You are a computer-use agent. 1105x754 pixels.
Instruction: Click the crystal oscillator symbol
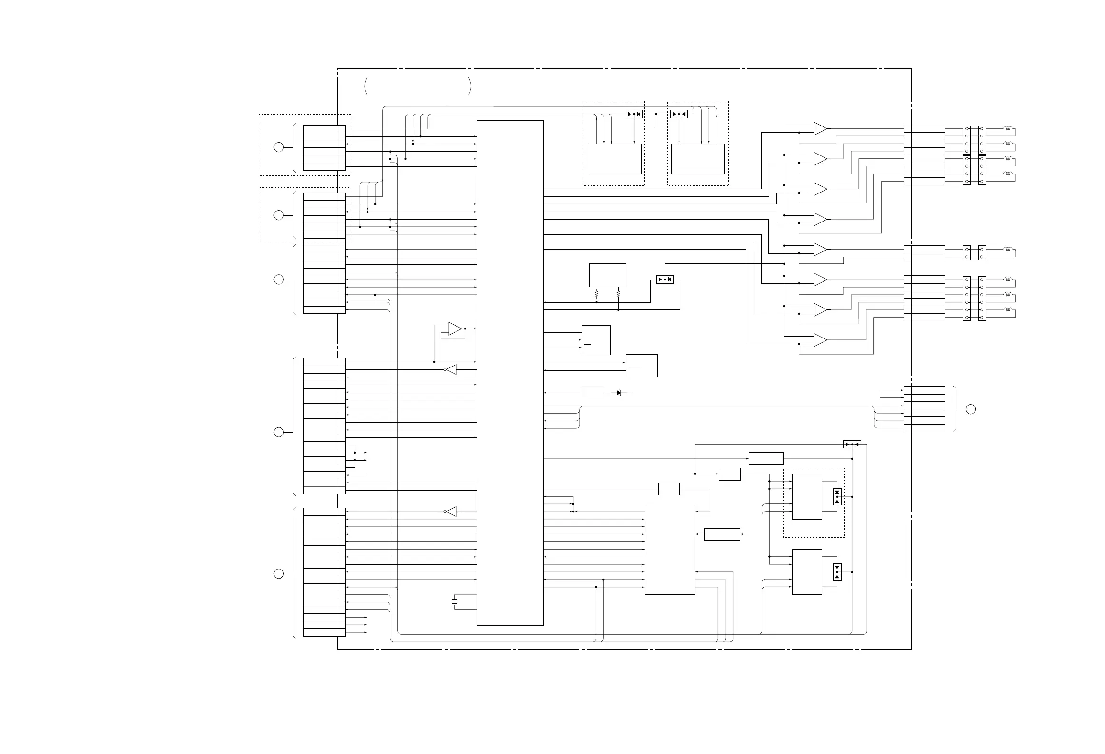[x=455, y=602]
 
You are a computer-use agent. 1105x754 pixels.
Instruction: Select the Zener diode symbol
[x=619, y=393]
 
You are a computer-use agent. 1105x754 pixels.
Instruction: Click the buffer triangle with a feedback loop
[x=455, y=329]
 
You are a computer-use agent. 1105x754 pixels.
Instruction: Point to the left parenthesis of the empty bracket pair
[x=366, y=86]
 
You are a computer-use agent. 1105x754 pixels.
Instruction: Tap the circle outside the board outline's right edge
[x=970, y=409]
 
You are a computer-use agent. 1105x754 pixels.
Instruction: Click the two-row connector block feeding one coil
[x=924, y=253]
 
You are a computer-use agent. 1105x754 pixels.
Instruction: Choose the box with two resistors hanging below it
[x=607, y=275]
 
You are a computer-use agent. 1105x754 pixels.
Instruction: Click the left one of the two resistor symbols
[x=596, y=295]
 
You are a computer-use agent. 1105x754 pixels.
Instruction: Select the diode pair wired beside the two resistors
[x=665, y=280]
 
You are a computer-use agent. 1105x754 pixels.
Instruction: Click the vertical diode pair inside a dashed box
[x=837, y=497]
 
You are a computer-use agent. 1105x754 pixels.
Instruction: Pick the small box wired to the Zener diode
[x=592, y=393]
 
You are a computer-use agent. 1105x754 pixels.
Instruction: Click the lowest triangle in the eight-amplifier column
[x=820, y=340]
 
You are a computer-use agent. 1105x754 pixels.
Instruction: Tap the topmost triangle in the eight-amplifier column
[x=820, y=128]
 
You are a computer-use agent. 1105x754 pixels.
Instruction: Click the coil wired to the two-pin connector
[x=1009, y=250]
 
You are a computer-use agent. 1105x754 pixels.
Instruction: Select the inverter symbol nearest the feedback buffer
[x=451, y=369]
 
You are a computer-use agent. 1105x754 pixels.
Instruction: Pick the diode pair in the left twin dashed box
[x=634, y=114]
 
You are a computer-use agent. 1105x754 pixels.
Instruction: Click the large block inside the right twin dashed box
[x=698, y=159]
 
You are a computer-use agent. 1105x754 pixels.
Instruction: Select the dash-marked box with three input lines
[x=595, y=340]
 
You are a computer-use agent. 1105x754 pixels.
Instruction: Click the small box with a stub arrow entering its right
[x=722, y=534]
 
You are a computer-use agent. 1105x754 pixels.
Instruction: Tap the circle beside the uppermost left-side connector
[x=279, y=147]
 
